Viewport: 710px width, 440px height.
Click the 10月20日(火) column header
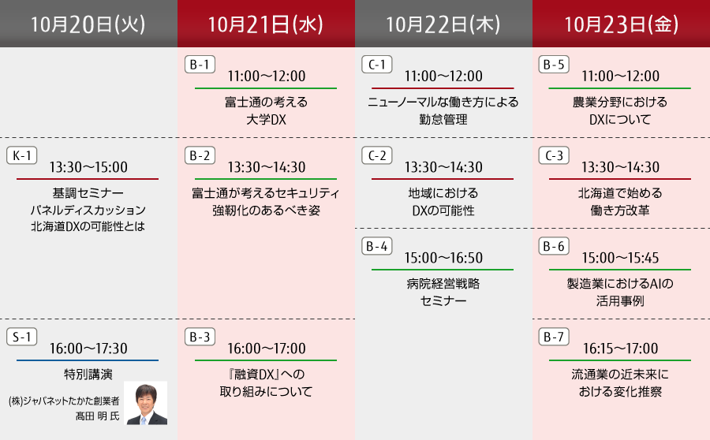click(88, 24)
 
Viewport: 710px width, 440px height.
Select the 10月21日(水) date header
click(267, 24)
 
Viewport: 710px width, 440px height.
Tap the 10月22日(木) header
click(443, 24)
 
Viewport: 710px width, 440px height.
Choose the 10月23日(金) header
click(622, 24)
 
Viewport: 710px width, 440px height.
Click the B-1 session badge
click(200, 65)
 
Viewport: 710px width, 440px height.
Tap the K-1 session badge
click(22, 155)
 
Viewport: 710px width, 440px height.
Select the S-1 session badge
click(22, 337)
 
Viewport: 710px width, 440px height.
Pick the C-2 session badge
click(377, 155)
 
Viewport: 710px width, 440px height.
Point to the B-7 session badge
click(554, 337)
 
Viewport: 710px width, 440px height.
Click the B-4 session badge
click(377, 246)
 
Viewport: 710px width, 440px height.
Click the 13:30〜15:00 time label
click(88, 167)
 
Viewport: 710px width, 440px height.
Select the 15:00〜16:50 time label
click(443, 258)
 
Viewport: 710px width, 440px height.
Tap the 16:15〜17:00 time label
click(620, 349)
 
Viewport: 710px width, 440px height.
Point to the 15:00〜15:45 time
click(620, 258)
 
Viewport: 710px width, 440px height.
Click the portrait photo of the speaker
click(145, 403)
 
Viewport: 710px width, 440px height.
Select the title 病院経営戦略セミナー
click(443, 292)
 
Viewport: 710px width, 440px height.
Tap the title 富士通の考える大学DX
click(267, 111)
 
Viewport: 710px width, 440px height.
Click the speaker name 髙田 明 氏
click(97, 416)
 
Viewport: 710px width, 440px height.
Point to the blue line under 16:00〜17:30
click(88, 360)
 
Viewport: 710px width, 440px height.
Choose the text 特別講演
click(88, 375)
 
